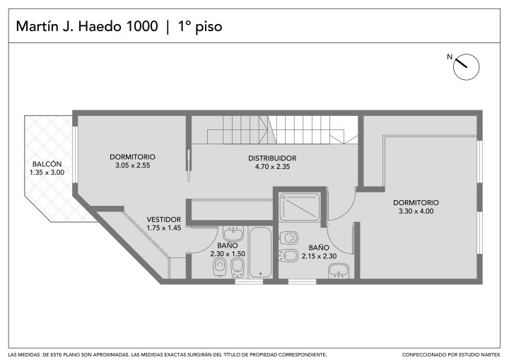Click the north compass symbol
click(466, 67)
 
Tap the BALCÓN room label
click(47, 164)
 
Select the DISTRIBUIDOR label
click(272, 158)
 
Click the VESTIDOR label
click(164, 220)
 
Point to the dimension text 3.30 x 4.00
click(416, 211)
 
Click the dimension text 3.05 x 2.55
click(133, 166)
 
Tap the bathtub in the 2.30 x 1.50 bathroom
click(260, 252)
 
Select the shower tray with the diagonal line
click(300, 207)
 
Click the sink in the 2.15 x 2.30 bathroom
click(339, 271)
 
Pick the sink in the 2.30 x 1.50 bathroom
click(233, 233)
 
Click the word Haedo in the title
click(98, 26)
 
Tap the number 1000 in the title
click(141, 26)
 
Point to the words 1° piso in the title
click(200, 27)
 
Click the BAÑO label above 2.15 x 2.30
click(319, 248)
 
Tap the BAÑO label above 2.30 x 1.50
click(227, 245)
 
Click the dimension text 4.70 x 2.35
click(272, 167)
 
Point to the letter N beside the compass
click(450, 57)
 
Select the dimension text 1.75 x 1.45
click(164, 228)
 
